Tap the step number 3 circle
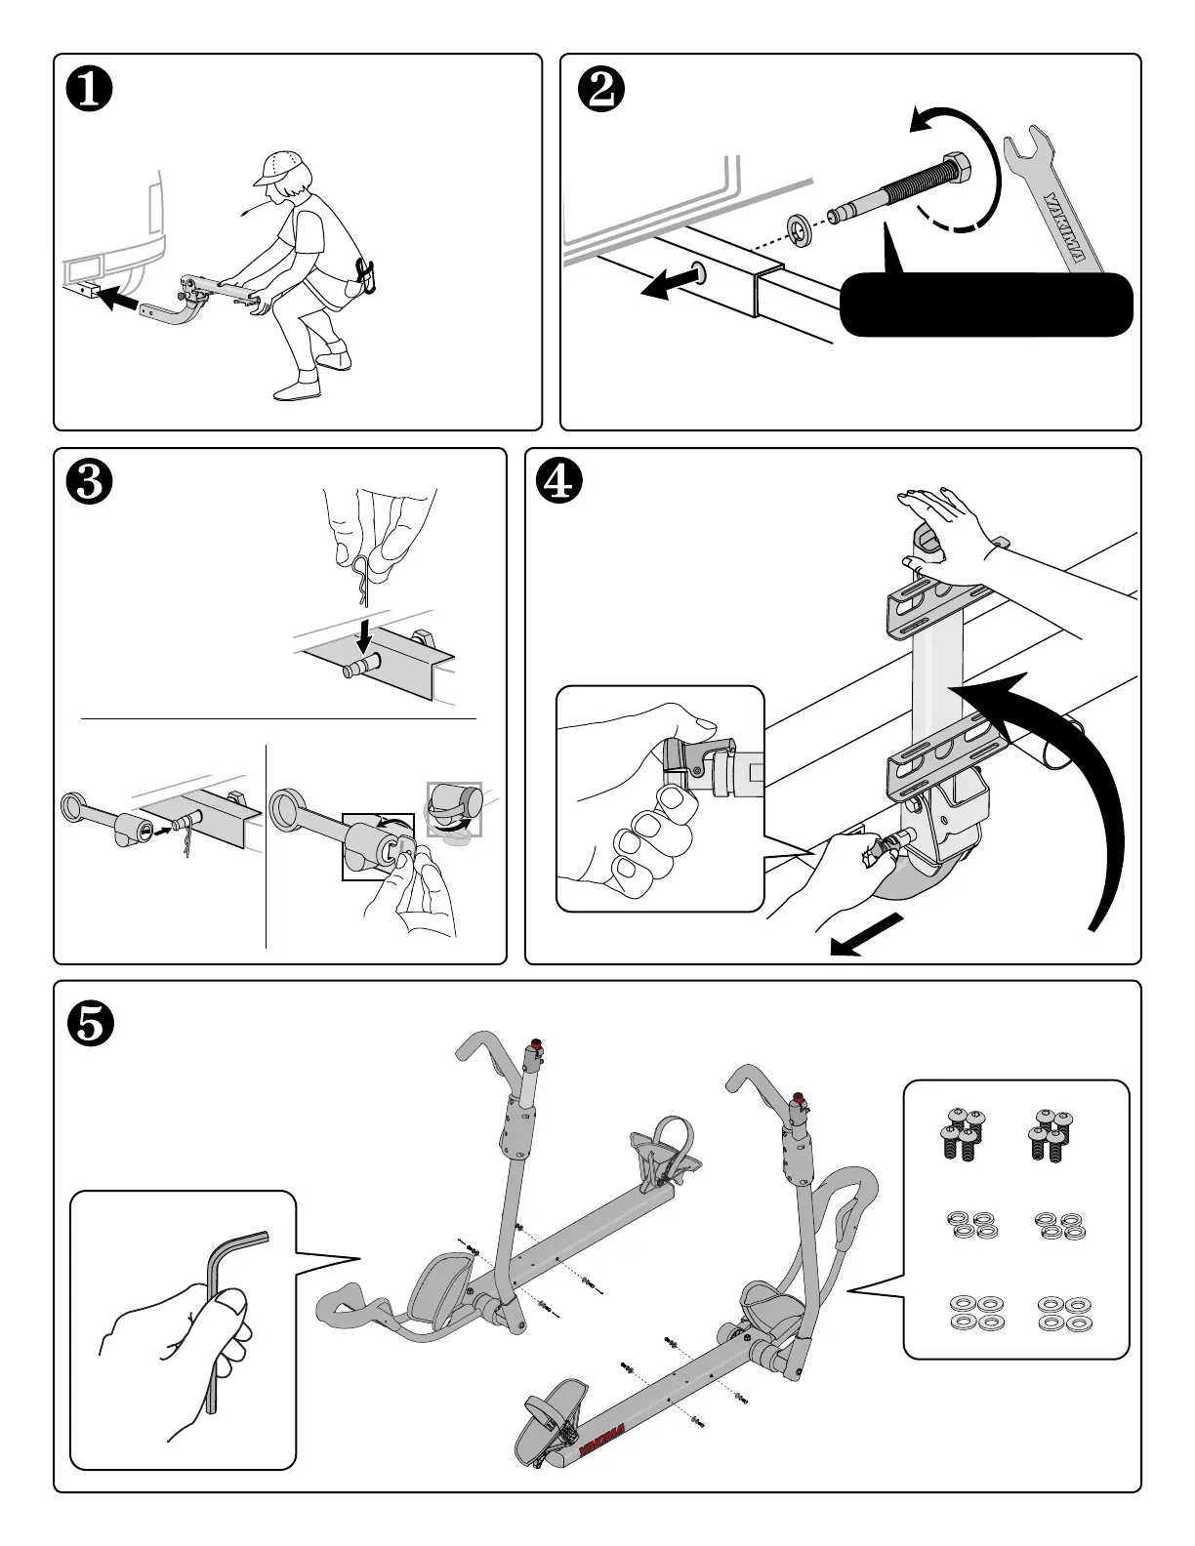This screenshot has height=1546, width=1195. [x=89, y=483]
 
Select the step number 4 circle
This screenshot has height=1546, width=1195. [x=559, y=483]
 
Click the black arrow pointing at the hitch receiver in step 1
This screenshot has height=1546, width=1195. [x=120, y=300]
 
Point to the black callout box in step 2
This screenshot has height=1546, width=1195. [x=986, y=305]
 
